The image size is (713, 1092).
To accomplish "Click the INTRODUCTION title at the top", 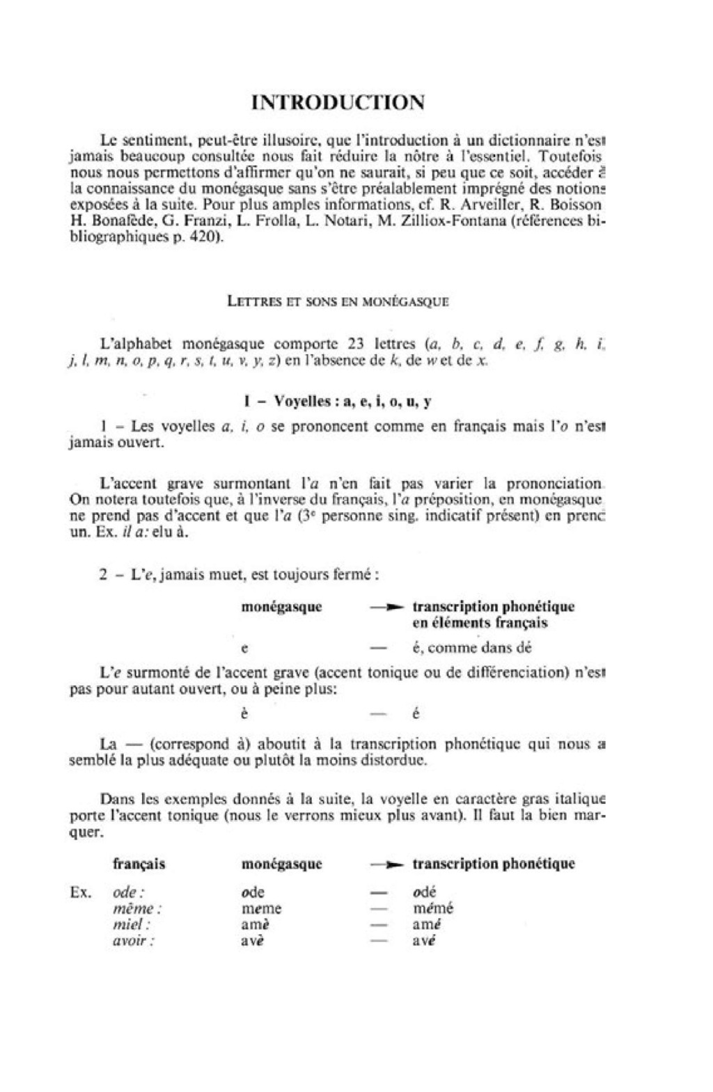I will point(338,102).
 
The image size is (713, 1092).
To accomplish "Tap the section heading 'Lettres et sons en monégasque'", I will point(338,301).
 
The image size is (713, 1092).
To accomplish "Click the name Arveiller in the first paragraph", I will point(486,205).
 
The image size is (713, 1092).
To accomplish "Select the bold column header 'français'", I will point(139,864).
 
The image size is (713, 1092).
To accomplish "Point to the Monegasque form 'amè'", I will point(256,925).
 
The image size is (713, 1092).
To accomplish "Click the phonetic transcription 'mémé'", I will point(432,908).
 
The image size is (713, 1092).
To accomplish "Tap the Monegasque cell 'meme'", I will point(261,908).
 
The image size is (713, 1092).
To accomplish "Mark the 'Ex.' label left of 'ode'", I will point(81,892).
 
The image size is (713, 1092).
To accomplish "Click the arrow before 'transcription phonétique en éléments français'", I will point(386,608).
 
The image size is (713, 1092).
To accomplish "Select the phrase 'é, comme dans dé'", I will point(471,647).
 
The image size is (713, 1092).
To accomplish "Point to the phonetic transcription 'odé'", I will point(424,892).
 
